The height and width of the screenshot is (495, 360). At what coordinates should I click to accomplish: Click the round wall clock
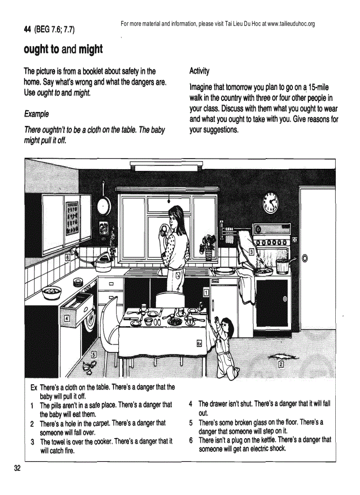[x=270, y=202]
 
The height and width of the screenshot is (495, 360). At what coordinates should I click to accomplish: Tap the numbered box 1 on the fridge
[x=206, y=292]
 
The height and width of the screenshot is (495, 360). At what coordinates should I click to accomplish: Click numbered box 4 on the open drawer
[x=67, y=318]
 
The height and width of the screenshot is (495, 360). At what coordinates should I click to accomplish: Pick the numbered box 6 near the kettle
[x=67, y=257]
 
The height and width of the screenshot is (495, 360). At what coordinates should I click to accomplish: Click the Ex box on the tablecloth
[x=199, y=344]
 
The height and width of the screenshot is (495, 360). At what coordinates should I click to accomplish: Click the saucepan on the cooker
[x=282, y=266]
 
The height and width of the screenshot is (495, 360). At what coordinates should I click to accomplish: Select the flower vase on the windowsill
[x=208, y=253]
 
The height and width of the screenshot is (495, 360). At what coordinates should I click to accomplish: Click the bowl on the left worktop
[x=52, y=291]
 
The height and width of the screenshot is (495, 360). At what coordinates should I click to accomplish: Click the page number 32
[x=18, y=468]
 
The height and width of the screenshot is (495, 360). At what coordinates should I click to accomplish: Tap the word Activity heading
[x=199, y=71]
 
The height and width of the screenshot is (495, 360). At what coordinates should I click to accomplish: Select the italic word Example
[x=36, y=114]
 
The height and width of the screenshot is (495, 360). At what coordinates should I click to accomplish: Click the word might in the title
[x=90, y=49]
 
